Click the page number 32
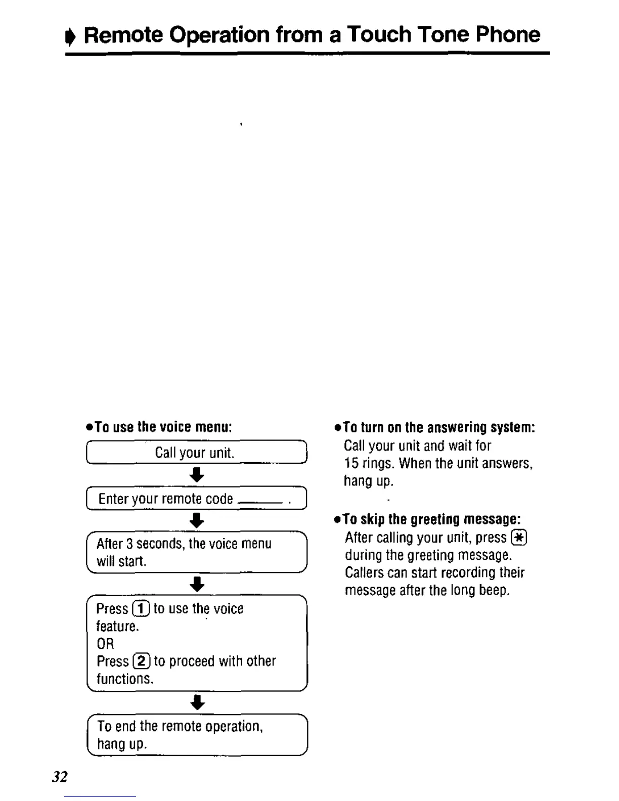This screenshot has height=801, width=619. click(60, 777)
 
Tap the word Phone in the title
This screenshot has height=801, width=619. click(508, 35)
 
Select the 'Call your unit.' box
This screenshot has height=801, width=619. click(197, 452)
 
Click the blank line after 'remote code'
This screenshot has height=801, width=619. click(260, 502)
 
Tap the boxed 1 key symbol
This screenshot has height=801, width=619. click(141, 609)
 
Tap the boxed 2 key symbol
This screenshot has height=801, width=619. click(141, 661)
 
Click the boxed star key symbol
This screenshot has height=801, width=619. click(519, 538)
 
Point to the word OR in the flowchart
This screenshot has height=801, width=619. click(105, 644)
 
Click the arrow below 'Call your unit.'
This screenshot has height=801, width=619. click(197, 475)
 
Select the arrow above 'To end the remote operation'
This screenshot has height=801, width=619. click(197, 702)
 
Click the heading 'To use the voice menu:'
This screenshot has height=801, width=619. click(159, 427)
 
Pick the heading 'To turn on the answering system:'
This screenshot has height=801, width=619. click(435, 428)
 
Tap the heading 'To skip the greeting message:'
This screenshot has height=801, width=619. click(427, 520)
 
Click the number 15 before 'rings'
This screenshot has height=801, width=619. click(351, 463)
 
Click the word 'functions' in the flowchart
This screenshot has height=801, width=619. click(124, 679)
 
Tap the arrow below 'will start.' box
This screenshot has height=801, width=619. click(197, 584)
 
